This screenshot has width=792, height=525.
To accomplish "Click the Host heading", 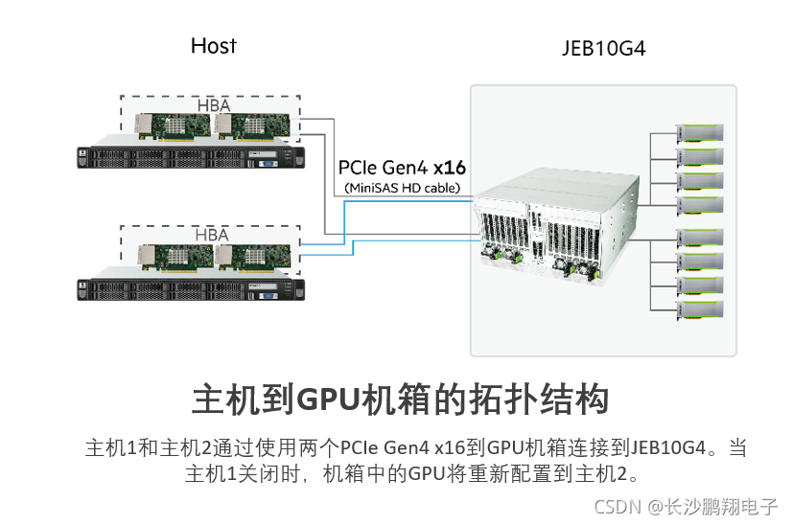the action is click(x=213, y=46).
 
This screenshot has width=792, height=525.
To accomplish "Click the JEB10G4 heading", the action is click(x=604, y=49).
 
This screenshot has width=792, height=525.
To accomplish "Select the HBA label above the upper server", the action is click(x=214, y=105).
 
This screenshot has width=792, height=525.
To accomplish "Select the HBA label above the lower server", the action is click(x=212, y=235).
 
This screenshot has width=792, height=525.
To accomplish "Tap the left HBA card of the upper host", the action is click(x=173, y=126).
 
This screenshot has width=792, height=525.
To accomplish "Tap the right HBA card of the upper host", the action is click(x=252, y=126).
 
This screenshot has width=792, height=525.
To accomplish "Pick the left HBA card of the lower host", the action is click(x=175, y=258).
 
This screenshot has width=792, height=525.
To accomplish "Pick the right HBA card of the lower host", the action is click(x=253, y=258).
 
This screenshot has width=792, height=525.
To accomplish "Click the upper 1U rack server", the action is click(x=191, y=152).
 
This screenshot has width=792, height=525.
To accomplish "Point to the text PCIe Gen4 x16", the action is click(x=402, y=168).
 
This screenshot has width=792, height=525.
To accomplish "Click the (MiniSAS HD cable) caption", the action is click(x=403, y=189).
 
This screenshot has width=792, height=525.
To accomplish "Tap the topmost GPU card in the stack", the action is click(x=700, y=133).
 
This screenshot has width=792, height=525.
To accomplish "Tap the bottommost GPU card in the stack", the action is click(x=700, y=309).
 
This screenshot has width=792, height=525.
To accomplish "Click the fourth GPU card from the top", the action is click(x=700, y=205).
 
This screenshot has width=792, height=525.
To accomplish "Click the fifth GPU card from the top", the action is click(x=700, y=238).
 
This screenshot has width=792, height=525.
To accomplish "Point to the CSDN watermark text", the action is click(x=686, y=507).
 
